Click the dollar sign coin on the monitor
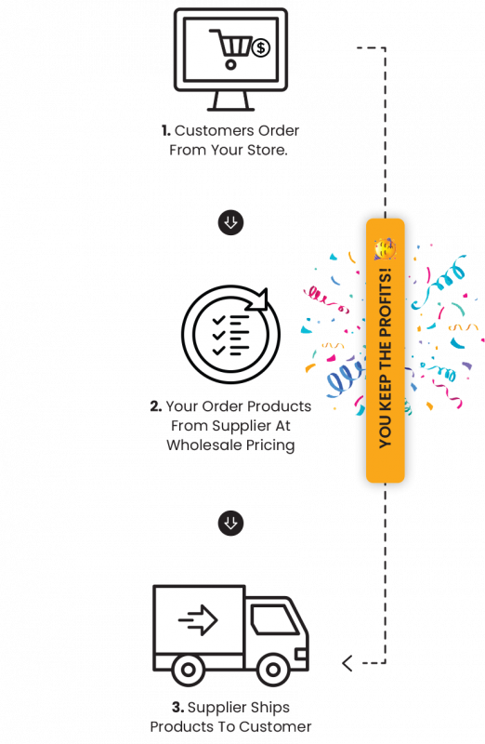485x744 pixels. [x=260, y=47]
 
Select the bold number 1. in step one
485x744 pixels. [x=166, y=130]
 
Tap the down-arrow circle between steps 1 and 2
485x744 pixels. [x=230, y=222]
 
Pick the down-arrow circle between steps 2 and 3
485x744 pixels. [x=230, y=523]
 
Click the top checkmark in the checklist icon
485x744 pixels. [x=218, y=320]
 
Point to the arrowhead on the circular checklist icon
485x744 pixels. [x=259, y=299]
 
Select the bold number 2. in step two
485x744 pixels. [x=156, y=406]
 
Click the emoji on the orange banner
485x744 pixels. [x=385, y=248]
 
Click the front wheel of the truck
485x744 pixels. [x=273, y=670]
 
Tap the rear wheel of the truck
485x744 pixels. [x=188, y=670]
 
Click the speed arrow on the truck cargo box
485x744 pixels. [x=198, y=619]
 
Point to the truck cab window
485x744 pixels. [x=274, y=619]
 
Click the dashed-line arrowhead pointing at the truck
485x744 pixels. [x=347, y=663]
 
